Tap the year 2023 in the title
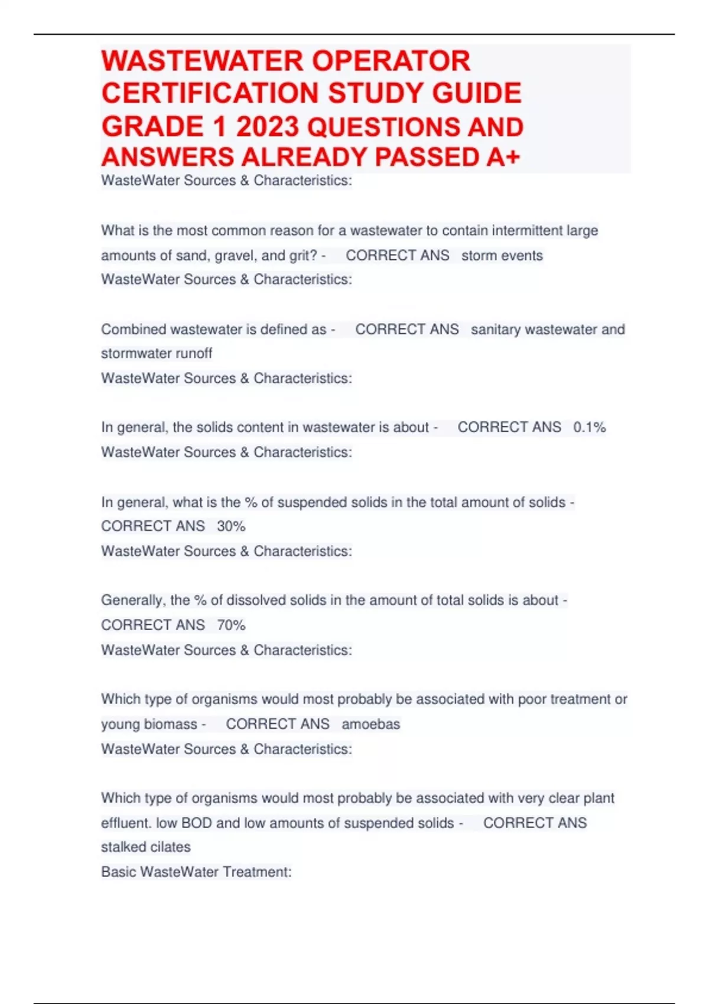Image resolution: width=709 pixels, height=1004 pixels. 269,127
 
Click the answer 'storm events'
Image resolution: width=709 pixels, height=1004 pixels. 502,256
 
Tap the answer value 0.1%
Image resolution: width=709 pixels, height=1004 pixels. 589,428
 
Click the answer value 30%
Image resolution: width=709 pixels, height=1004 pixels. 231,526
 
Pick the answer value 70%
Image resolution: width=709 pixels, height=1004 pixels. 231,625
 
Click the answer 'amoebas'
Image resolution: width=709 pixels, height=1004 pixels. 370,724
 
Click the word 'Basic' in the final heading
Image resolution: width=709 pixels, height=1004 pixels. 118,872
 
